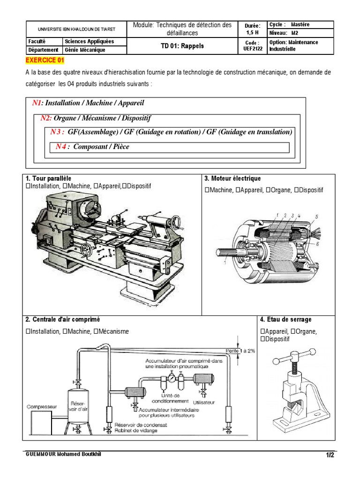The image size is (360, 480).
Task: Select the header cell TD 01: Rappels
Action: point(182,46)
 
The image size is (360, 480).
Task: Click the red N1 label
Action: point(37,103)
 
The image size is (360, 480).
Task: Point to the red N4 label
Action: point(62,147)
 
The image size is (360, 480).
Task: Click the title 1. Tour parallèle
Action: point(49,179)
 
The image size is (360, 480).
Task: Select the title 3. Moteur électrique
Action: point(232,179)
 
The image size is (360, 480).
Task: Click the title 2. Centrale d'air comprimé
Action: point(63,320)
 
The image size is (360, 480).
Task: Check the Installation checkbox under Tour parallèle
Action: point(29,187)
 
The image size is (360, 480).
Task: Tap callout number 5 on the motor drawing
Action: point(317,216)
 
